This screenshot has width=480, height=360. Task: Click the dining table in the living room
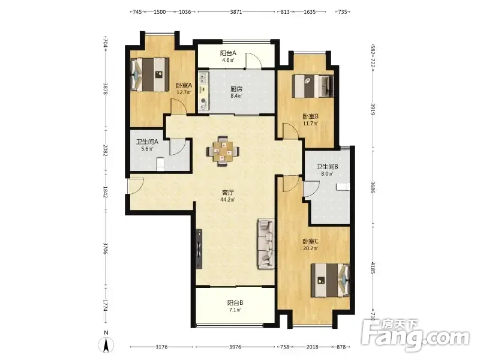point(223,151)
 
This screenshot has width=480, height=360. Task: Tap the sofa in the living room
point(266,244)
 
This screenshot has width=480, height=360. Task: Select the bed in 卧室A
point(150,74)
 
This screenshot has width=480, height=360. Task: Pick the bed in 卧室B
point(313,86)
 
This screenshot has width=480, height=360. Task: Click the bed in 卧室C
point(330,280)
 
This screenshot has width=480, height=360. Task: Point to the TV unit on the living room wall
point(199,248)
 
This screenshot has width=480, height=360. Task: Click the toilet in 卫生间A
point(160,164)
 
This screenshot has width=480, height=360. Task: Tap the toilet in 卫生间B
point(343,187)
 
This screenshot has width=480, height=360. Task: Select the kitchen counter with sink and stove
point(203,91)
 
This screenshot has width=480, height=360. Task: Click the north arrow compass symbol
point(106,344)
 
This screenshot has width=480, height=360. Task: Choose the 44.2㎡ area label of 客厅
point(228,200)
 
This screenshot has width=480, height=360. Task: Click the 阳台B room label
point(235,303)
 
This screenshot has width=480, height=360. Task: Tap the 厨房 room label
point(236,89)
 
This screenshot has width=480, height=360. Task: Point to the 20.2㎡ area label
point(310,248)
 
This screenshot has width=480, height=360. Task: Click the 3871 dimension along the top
point(236,12)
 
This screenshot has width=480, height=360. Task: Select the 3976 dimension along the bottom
point(235,347)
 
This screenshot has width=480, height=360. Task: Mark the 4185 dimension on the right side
point(373,268)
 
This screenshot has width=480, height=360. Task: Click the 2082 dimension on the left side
point(105,151)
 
